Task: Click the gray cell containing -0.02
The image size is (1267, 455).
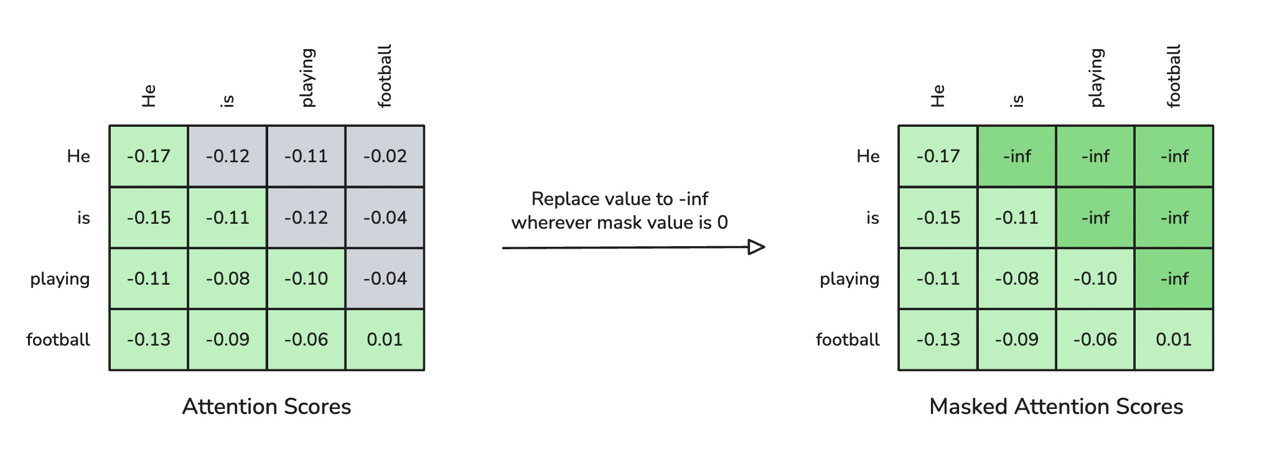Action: [385, 156]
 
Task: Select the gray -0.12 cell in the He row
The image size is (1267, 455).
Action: [228, 156]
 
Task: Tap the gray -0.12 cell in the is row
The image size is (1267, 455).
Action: [306, 218]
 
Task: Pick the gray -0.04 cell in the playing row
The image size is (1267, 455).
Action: [385, 278]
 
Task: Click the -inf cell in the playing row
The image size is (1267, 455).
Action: [1174, 278]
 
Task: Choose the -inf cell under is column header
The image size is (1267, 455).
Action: [1017, 156]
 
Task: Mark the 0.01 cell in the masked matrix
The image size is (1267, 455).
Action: [1174, 339]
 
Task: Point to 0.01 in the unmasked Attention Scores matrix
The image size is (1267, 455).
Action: [385, 339]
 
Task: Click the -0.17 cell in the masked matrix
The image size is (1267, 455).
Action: [938, 156]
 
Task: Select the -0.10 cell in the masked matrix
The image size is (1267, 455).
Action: [1095, 278]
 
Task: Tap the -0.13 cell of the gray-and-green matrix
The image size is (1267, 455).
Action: [149, 339]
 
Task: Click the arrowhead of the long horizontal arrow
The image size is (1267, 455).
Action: [756, 247]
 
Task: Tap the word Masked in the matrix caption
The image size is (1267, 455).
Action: [969, 407]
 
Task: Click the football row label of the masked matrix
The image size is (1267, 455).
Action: [848, 339]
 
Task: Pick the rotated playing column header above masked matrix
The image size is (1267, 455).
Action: [1096, 78]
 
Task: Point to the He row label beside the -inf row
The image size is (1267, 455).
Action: [868, 156]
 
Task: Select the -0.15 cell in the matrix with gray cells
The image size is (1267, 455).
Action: [149, 218]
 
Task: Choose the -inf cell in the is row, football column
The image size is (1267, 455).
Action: [1174, 218]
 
